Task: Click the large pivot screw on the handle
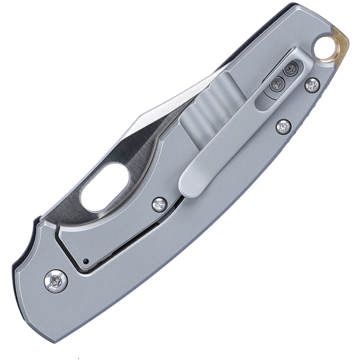(x=56, y=281)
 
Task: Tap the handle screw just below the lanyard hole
(x=312, y=86)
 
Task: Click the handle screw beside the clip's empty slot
(x=283, y=126)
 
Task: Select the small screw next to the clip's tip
(x=159, y=205)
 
